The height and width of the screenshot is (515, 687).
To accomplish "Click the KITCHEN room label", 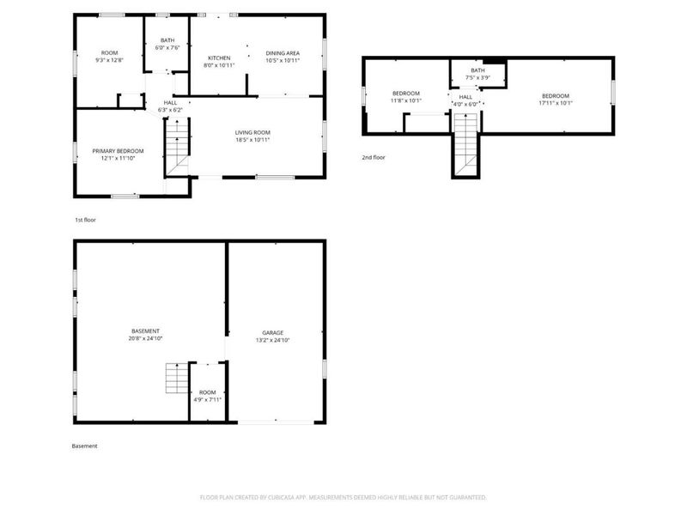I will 218,58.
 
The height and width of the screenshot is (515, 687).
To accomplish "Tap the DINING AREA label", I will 283,53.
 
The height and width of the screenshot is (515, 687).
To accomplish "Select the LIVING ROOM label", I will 252,132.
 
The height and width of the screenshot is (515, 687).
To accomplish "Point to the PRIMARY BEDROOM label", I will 118,151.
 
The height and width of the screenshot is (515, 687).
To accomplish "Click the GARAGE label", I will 273,332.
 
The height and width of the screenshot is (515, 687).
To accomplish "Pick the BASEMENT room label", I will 145,331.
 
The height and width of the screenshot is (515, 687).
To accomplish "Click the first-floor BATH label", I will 166,40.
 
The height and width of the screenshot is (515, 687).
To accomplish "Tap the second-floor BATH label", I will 478,70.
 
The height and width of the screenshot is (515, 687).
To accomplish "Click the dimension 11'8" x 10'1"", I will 406,100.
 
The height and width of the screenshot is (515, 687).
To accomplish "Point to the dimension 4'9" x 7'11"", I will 207,399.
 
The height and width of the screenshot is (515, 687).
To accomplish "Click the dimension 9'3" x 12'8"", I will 109,60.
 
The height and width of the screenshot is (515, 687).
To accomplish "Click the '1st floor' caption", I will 85,220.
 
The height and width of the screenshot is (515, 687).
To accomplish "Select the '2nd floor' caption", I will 373,158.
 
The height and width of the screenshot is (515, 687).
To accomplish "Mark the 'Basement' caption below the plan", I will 84,445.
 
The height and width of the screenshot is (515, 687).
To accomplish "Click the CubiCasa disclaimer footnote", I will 343,497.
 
